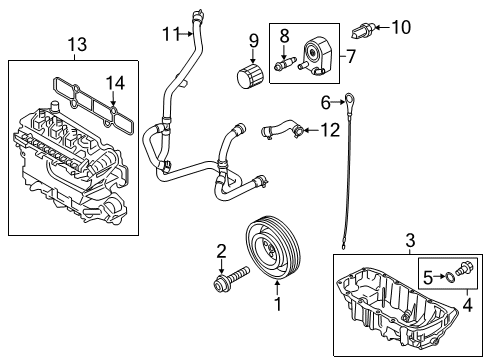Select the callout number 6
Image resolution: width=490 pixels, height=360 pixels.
[325, 101]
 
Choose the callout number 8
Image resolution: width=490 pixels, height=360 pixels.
[284, 35]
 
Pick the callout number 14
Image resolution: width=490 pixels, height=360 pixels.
[116, 84]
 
